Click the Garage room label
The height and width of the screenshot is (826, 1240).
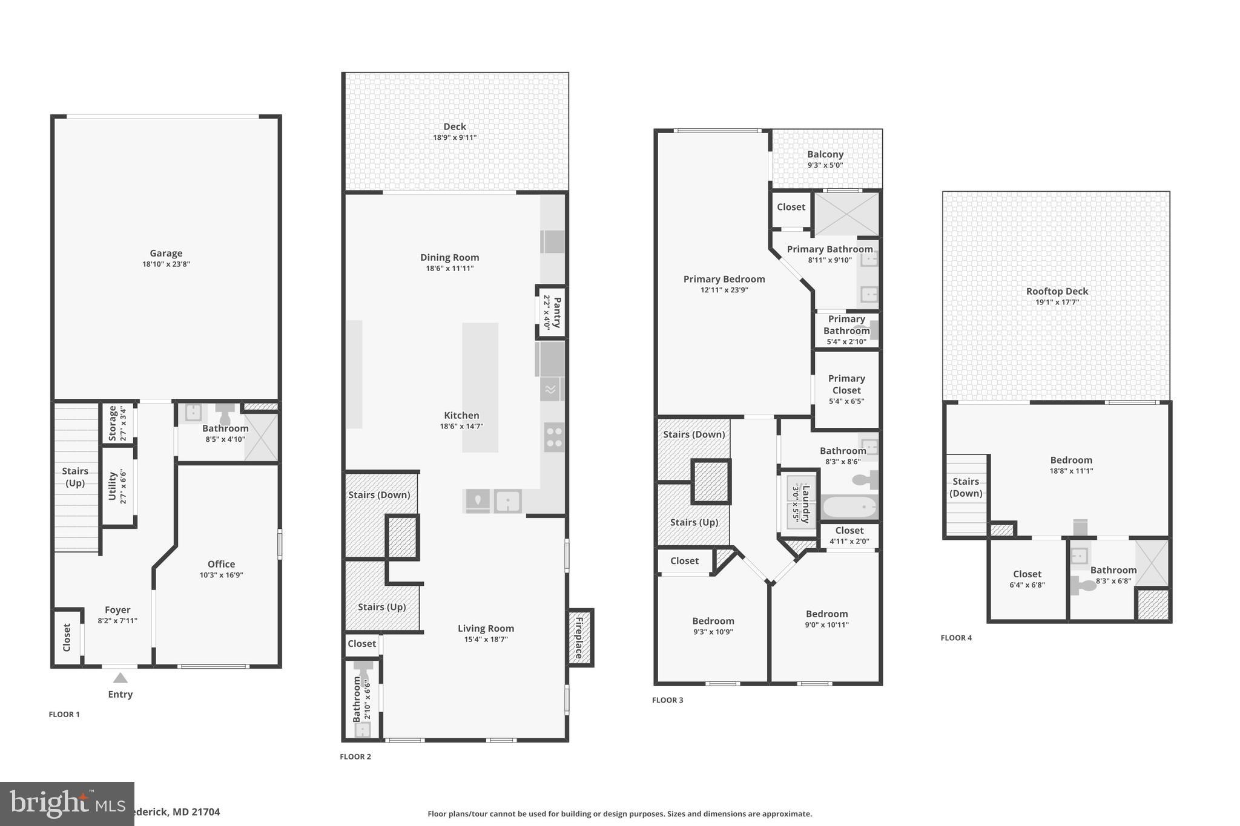(166, 254)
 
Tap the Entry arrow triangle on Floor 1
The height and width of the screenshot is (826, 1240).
(120, 678)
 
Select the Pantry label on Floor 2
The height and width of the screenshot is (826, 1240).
(556, 312)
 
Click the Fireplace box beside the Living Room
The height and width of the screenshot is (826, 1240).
(579, 638)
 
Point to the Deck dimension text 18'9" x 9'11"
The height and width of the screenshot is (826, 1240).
(454, 137)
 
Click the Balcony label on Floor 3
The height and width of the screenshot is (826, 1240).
(825, 154)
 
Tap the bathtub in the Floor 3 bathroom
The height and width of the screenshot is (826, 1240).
(848, 506)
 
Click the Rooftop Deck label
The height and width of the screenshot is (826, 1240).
(1057, 291)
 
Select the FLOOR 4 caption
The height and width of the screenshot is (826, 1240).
(956, 638)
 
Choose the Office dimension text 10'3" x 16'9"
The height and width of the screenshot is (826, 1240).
(221, 575)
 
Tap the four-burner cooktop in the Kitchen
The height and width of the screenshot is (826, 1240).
(553, 438)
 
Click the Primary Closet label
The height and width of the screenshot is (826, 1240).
(846, 384)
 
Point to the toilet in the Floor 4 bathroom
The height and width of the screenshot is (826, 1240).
(1084, 585)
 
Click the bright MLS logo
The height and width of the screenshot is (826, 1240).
(67, 804)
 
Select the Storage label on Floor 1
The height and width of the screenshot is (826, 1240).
(113, 424)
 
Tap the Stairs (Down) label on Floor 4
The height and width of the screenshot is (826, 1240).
(965, 487)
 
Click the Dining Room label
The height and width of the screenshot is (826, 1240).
(449, 257)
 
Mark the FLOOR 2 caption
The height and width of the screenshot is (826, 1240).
(355, 756)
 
